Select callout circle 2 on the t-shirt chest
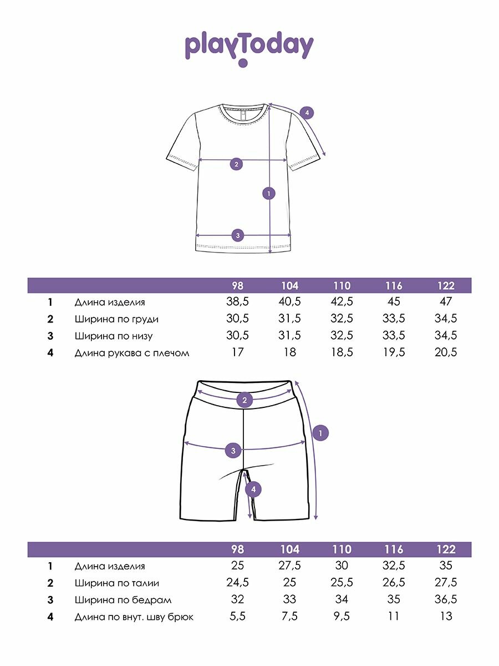coord(237,164)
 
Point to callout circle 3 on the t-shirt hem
coord(237,235)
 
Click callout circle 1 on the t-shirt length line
coord(269,194)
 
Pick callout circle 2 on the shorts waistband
coord(245,400)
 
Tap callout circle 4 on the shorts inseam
coord(253,489)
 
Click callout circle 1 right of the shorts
coord(320,432)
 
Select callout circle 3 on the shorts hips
coord(233,450)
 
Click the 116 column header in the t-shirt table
coord(393,286)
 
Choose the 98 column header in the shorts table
coord(237,549)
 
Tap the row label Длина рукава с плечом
coord(132,352)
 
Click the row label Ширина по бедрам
coord(123,600)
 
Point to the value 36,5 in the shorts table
coord(446,599)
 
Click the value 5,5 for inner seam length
coord(237,616)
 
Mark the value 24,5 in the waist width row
coord(237,583)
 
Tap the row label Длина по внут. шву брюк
coord(134,617)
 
